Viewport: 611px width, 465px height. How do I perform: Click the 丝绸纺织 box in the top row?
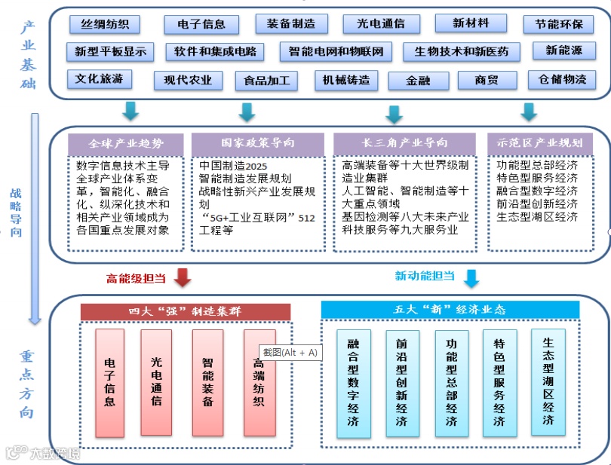click(x=105, y=24)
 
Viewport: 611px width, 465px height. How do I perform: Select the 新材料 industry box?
click(x=471, y=23)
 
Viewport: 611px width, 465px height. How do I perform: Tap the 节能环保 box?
click(x=559, y=24)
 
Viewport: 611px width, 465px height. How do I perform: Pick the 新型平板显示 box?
click(x=110, y=52)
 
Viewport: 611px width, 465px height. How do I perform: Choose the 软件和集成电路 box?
click(x=215, y=52)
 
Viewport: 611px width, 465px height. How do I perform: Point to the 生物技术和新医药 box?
click(x=461, y=52)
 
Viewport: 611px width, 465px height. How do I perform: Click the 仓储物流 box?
click(x=561, y=79)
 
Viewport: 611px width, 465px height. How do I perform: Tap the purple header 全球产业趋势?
click(x=125, y=142)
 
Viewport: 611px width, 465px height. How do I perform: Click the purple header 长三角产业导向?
click(x=405, y=142)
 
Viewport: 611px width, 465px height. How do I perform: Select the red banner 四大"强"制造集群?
click(x=185, y=311)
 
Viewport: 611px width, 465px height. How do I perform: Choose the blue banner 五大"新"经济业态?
click(x=450, y=309)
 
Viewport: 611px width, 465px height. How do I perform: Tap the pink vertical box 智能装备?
click(x=207, y=382)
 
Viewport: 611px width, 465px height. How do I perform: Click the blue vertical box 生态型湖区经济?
click(x=548, y=381)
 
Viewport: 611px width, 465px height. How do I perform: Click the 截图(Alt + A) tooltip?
click(x=290, y=352)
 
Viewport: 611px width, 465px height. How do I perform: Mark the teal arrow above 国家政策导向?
click(x=247, y=112)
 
